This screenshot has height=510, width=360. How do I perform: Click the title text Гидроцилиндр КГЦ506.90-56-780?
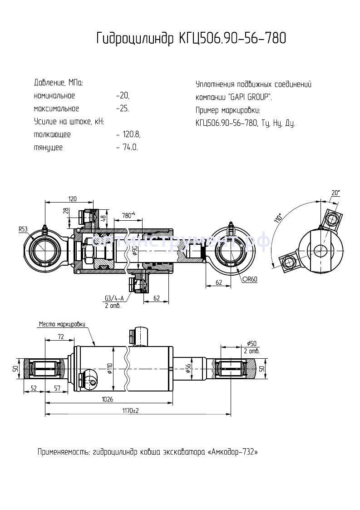coord(191,39)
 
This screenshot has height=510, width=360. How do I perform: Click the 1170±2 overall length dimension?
coord(130,411)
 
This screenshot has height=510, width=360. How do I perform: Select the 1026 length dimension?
coord(108,399)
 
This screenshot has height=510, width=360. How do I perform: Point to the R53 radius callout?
coord(23,230)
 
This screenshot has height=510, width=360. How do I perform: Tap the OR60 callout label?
coord(250,279)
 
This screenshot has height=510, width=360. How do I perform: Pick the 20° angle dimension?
coord(335,193)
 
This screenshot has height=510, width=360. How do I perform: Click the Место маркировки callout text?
coord(62,324)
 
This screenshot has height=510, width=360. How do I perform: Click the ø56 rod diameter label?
coord(187,369)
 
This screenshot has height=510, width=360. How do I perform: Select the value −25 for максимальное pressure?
coord(123,109)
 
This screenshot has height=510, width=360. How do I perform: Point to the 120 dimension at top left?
coord(72,198)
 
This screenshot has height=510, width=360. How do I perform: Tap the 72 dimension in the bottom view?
coord(60,336)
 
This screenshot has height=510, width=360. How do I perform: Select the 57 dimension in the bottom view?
coord(57,388)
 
